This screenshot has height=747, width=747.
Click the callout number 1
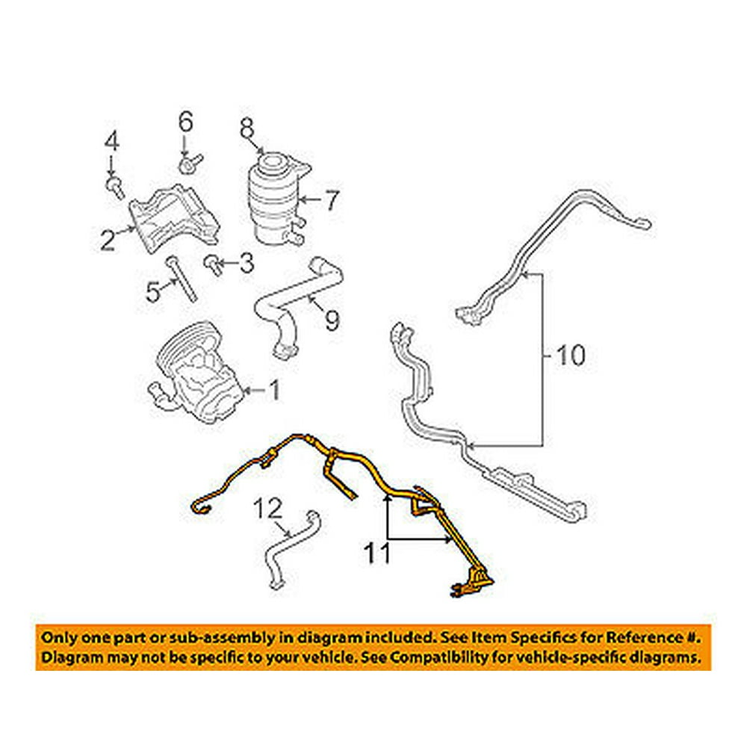click(273, 390)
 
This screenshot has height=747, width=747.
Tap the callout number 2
click(108, 239)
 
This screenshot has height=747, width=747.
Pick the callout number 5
click(153, 291)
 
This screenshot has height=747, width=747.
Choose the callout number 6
click(185, 120)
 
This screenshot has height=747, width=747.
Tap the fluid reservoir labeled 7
click(275, 198)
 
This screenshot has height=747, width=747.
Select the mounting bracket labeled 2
click(176, 219)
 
